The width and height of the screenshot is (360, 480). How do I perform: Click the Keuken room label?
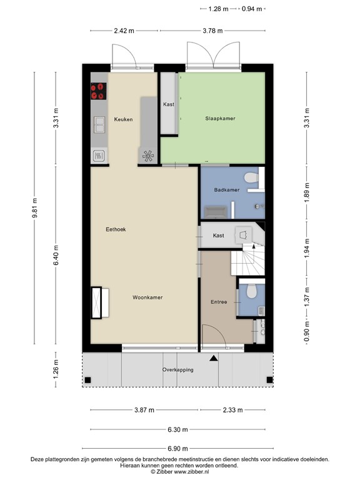123,119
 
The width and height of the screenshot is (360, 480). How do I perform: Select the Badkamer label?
226,189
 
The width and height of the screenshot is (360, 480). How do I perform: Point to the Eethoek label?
116,229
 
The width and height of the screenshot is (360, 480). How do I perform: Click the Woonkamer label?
147,297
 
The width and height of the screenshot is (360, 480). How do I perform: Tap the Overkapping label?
178,370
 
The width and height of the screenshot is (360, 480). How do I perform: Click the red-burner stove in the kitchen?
98,92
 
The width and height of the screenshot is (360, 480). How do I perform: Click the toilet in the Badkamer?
251,179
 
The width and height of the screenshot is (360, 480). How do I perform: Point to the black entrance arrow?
214,358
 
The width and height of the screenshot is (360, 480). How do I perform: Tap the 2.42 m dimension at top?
124,29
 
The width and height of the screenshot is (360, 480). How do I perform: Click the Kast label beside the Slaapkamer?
168,105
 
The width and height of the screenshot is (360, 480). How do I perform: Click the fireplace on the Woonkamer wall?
97,302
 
